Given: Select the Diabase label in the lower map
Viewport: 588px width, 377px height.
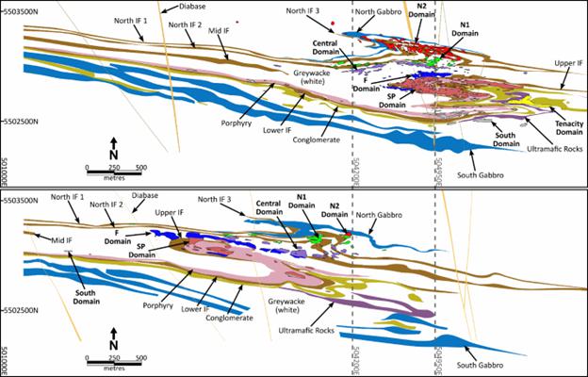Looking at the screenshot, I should coord(145,196).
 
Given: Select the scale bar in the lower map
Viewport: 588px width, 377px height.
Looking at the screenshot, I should coord(113,357).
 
